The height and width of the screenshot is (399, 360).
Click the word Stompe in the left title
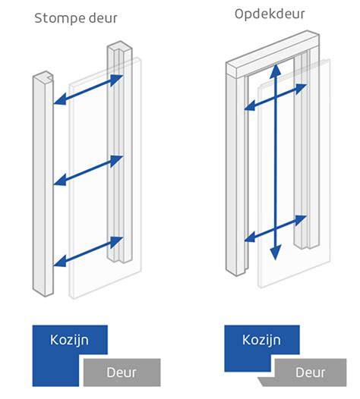58,18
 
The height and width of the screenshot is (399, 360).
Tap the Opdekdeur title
270,14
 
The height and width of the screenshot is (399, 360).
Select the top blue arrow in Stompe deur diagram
88,90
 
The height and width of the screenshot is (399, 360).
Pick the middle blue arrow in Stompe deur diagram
88,171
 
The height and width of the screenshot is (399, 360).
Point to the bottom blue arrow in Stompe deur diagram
88,252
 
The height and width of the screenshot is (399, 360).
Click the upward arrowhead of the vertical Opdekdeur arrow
275,71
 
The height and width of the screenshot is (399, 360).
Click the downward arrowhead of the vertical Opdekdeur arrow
275,253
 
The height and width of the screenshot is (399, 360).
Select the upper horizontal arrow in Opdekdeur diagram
276,97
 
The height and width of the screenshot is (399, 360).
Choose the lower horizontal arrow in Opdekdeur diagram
276,228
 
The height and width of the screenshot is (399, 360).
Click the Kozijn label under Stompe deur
69,341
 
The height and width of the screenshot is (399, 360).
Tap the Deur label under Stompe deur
122,372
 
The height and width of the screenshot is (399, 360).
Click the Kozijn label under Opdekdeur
261,340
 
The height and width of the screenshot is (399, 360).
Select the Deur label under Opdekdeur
311,372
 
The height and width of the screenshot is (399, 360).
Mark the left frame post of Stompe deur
43,184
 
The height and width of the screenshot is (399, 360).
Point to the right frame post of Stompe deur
119,152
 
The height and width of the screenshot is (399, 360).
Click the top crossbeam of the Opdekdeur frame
273,54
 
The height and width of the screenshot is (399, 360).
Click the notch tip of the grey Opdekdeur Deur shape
258,378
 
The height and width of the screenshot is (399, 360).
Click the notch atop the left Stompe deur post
49,76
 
